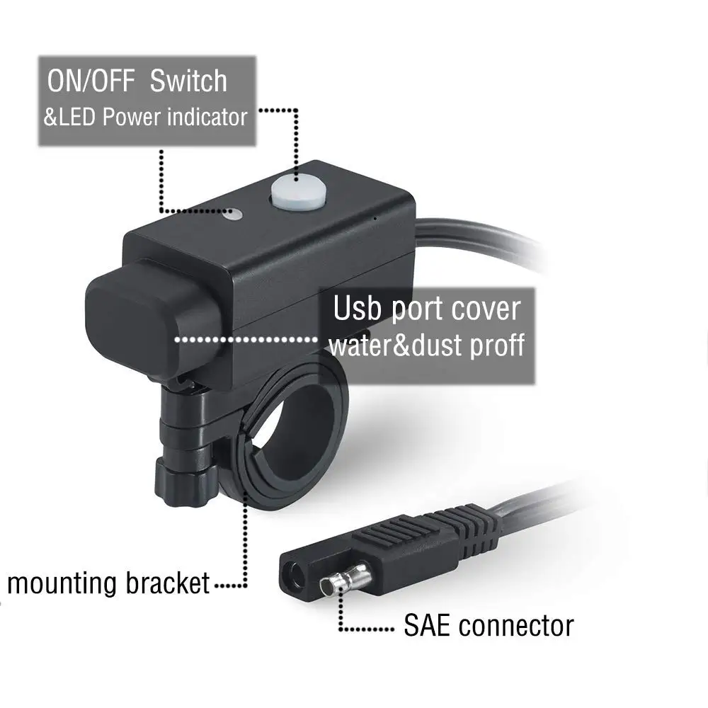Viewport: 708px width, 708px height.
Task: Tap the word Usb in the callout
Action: pos(358,309)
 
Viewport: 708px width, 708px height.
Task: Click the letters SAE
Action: pos(428,625)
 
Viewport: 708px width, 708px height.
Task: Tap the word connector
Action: pos(516,625)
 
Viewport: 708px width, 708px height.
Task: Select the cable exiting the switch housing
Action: pos(481,244)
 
